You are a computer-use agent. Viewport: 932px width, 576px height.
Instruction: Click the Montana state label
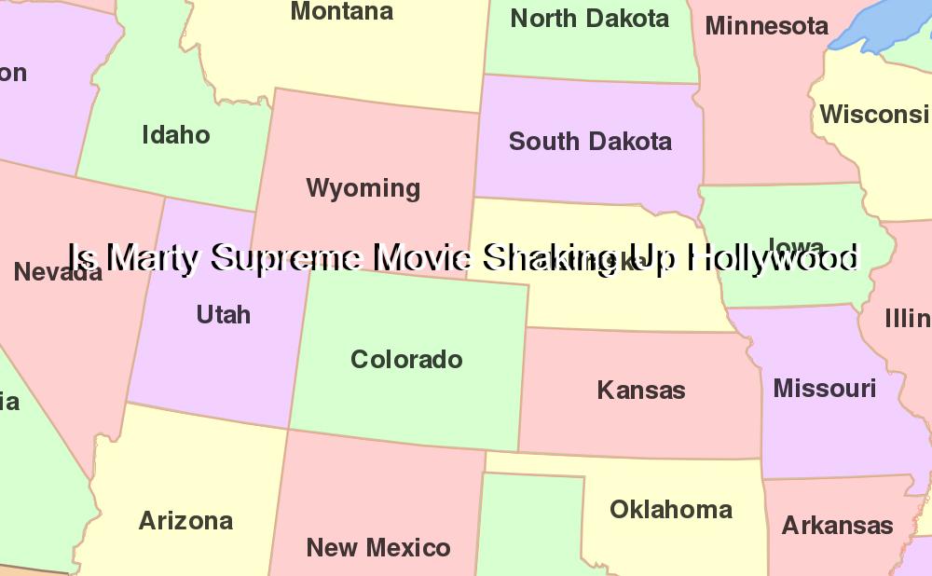[342, 12]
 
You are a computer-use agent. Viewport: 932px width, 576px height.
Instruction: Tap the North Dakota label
[589, 19]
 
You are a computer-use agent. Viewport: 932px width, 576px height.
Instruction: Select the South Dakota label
[590, 142]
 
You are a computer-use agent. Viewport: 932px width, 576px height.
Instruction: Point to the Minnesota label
[766, 26]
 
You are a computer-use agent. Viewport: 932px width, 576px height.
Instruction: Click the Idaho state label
[175, 135]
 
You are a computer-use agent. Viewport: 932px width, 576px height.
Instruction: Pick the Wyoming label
[363, 188]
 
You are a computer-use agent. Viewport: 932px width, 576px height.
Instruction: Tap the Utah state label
[224, 315]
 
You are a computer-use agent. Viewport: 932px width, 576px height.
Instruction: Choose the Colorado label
[406, 360]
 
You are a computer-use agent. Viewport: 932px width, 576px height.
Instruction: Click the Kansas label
[640, 391]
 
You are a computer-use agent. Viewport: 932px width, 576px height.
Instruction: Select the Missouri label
[824, 388]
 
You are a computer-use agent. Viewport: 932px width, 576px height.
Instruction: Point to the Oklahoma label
[670, 510]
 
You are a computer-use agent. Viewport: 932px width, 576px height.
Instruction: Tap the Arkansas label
[837, 526]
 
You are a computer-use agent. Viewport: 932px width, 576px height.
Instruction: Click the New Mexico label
[377, 548]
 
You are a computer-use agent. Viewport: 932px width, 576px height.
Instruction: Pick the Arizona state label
[185, 521]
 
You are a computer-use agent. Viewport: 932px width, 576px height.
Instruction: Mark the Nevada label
[58, 273]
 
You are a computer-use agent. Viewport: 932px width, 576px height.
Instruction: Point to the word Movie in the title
[423, 257]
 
